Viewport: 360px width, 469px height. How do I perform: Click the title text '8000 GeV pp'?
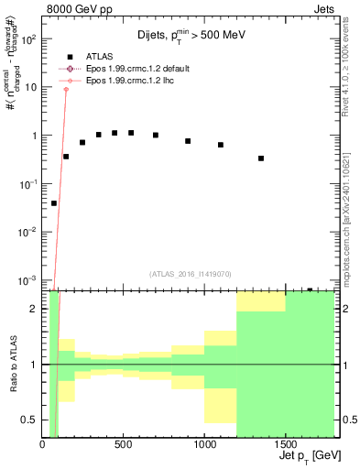[x=80, y=11]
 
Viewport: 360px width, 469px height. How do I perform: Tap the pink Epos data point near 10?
[x=66, y=89]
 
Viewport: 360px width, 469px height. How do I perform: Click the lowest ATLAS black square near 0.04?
[x=54, y=203]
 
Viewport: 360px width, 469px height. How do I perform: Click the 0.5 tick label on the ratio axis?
[x=29, y=420]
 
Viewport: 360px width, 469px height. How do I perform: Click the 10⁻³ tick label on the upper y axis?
[x=28, y=279]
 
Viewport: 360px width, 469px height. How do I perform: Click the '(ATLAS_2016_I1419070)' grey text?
[x=191, y=273]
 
